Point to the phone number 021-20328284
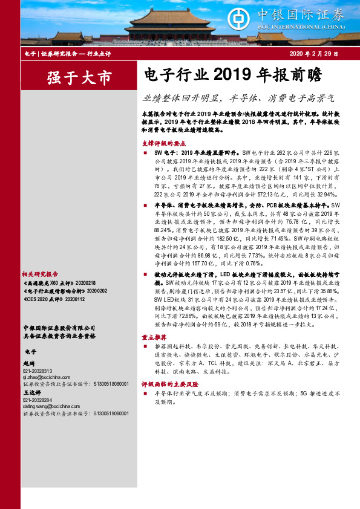point(38,400)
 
